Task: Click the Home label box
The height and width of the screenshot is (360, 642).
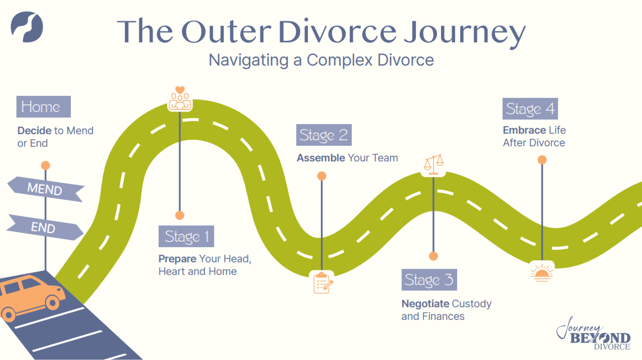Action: click(43, 107)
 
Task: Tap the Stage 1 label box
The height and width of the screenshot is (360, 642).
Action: click(186, 236)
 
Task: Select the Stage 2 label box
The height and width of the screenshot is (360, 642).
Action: click(324, 135)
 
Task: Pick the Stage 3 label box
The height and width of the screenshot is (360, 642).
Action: click(429, 280)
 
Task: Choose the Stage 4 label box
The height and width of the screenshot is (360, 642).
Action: click(530, 109)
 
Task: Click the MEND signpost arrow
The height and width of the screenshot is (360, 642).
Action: click(45, 189)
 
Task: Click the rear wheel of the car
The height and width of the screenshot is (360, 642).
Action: click(9, 315)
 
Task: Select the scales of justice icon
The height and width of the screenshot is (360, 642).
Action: click(434, 165)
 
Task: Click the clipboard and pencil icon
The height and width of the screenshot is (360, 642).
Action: click(322, 283)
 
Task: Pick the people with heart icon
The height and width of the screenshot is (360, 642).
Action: click(180, 99)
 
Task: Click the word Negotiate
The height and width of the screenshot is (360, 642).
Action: click(425, 304)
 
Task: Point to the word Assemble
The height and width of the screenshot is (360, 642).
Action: click(321, 158)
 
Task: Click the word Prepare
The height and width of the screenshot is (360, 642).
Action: click(177, 259)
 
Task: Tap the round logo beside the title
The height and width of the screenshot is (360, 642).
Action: click(27, 27)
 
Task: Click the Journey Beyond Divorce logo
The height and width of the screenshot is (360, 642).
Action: click(594, 334)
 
